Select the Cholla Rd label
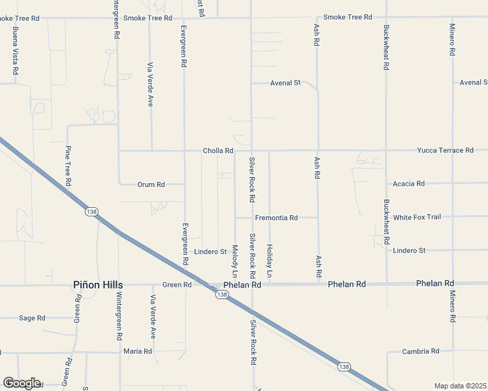(x=218, y=151)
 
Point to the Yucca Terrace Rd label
(x=446, y=151)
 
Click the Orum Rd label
(x=151, y=184)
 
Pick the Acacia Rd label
(x=409, y=184)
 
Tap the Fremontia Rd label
(x=276, y=218)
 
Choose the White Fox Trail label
(x=417, y=217)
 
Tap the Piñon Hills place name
(x=98, y=285)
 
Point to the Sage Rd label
(x=32, y=318)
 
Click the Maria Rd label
(x=138, y=351)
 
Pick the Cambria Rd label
(x=420, y=351)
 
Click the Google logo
(x=22, y=383)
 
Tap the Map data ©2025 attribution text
(x=460, y=386)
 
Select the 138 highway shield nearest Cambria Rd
(x=344, y=367)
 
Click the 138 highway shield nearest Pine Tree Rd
(x=91, y=211)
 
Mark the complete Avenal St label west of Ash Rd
(x=285, y=83)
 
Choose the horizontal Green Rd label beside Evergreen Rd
(x=177, y=285)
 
